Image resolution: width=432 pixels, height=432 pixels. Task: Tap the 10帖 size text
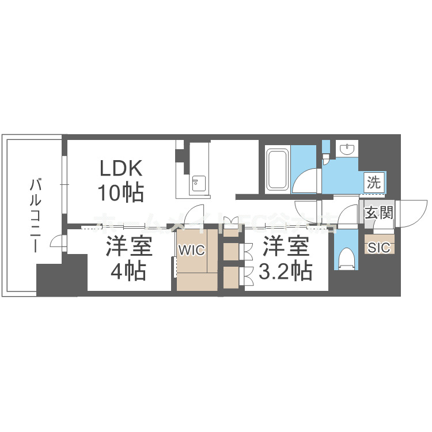(121, 192)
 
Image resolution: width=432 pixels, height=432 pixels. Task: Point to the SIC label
(379, 248)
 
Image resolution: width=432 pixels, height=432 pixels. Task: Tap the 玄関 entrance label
(379, 213)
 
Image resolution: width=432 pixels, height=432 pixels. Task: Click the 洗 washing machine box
(374, 184)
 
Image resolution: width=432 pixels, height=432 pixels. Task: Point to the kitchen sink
(197, 184)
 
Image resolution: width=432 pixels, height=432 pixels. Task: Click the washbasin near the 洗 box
(347, 150)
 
